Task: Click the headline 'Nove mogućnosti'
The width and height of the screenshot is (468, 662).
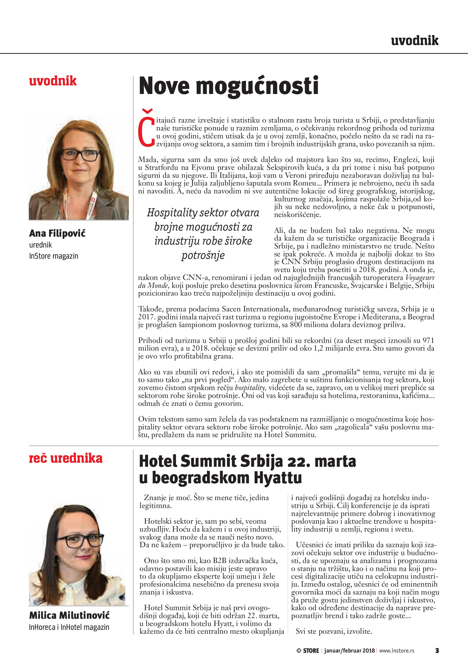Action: (x=228, y=86)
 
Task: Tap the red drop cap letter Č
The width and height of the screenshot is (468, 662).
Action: (x=146, y=129)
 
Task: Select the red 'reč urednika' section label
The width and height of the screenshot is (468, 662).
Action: (x=66, y=458)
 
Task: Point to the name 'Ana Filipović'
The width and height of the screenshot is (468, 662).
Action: (x=57, y=233)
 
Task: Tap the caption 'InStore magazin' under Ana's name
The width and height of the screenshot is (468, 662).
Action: (x=54, y=256)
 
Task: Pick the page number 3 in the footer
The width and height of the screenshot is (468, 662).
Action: (x=437, y=650)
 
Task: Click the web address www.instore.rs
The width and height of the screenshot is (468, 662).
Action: (x=396, y=650)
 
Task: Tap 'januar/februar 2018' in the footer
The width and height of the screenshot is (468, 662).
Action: (x=349, y=650)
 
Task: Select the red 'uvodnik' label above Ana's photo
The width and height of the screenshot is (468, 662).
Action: (x=53, y=81)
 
